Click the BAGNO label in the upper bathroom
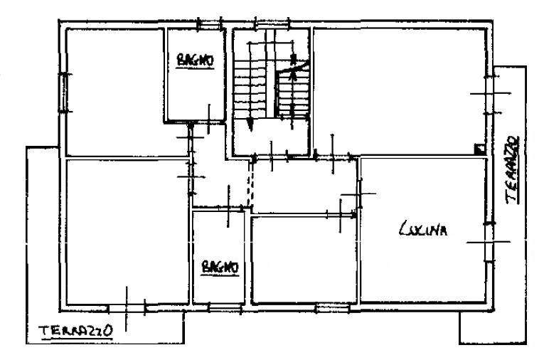coord(195,60)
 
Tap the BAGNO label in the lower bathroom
coord(220,268)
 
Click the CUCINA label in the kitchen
coord(423,229)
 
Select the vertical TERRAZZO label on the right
coord(513,169)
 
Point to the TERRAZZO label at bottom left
coord(77,332)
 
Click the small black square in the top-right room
coord(479,149)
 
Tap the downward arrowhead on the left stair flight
coord(250,125)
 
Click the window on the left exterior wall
coord(65,92)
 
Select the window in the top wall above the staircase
coord(272,24)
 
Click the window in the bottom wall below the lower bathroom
coord(225,307)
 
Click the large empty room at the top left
coord(114,92)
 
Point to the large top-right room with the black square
coord(399,91)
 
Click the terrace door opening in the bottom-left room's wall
coord(127,308)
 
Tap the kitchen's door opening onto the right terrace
coord(490,242)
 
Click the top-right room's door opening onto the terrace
coord(490,94)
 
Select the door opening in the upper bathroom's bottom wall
coord(208,122)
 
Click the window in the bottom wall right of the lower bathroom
coord(332,308)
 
